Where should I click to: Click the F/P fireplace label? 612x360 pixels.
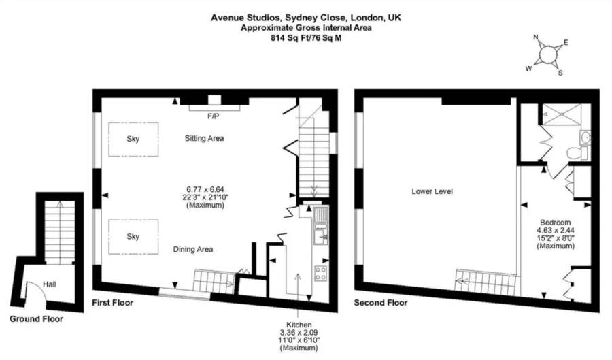coord(213,116)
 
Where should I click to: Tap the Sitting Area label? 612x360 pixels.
coord(204,138)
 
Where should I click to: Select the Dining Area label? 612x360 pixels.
coord(193,250)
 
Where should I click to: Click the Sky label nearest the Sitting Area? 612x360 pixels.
coord(133,139)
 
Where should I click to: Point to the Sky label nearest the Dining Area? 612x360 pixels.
coord(133,237)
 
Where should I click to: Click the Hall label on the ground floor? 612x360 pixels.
coord(50,284)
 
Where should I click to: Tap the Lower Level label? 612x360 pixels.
coord(432,191)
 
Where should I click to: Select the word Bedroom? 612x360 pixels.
coord(556,223)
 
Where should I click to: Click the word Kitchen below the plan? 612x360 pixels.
coord(299,325)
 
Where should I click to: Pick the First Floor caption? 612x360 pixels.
coord(113,303)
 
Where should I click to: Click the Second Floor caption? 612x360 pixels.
coord(381,303)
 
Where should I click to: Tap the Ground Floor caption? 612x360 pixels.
coord(36,319)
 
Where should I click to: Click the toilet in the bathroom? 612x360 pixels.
coord(577,152)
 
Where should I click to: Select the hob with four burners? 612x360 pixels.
coord(321,273)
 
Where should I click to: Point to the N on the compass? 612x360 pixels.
coord(536,37)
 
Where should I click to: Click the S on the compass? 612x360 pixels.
coord(560,73)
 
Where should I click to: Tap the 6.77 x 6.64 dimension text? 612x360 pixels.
coord(205,189)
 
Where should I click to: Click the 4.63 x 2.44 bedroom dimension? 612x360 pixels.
coord(556,231)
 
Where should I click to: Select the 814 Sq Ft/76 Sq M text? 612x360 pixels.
coord(306,38)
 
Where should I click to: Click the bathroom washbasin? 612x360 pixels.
coord(585,137)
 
